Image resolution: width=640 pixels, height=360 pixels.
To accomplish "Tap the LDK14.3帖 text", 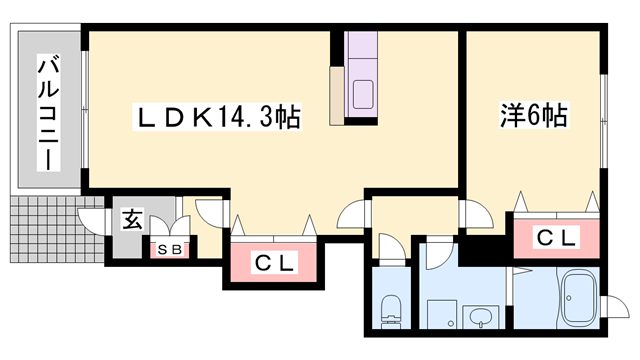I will (x=218, y=117).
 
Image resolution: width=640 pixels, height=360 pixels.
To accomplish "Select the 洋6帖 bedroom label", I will (x=533, y=116).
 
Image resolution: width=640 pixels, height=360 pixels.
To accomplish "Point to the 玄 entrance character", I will (x=131, y=218).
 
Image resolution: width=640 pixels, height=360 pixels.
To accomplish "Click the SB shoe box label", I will (x=168, y=250).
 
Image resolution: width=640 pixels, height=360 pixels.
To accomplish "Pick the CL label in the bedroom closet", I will (x=556, y=237).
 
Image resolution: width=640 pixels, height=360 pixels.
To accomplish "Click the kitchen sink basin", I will (x=361, y=96).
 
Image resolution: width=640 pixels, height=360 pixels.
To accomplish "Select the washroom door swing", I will (x=439, y=252).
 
